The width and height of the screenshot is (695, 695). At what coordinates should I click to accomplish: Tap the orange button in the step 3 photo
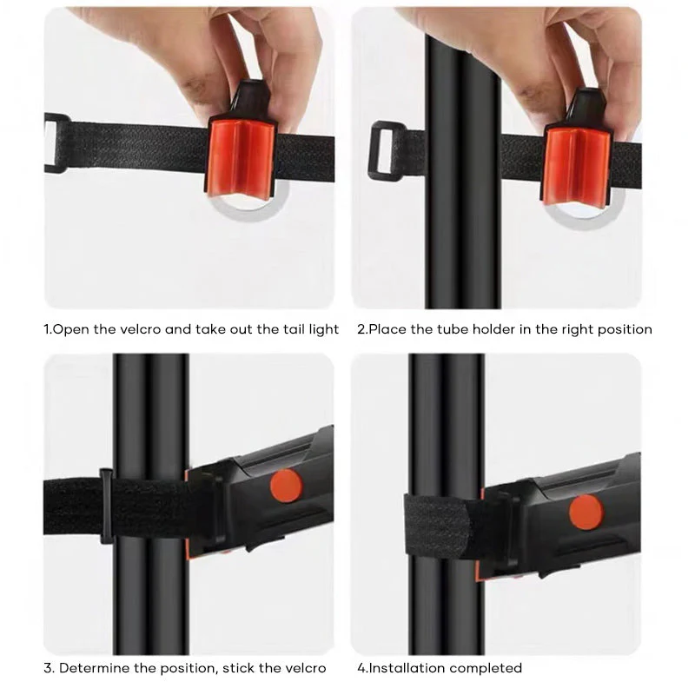click(x=285, y=485)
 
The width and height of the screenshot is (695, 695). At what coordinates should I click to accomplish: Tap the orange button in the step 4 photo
click(x=585, y=512)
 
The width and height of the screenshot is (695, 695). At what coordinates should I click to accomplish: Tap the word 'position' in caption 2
click(x=623, y=330)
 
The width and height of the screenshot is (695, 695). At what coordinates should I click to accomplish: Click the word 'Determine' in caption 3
click(x=96, y=668)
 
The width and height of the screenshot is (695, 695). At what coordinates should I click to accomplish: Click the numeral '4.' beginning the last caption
click(x=362, y=668)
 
